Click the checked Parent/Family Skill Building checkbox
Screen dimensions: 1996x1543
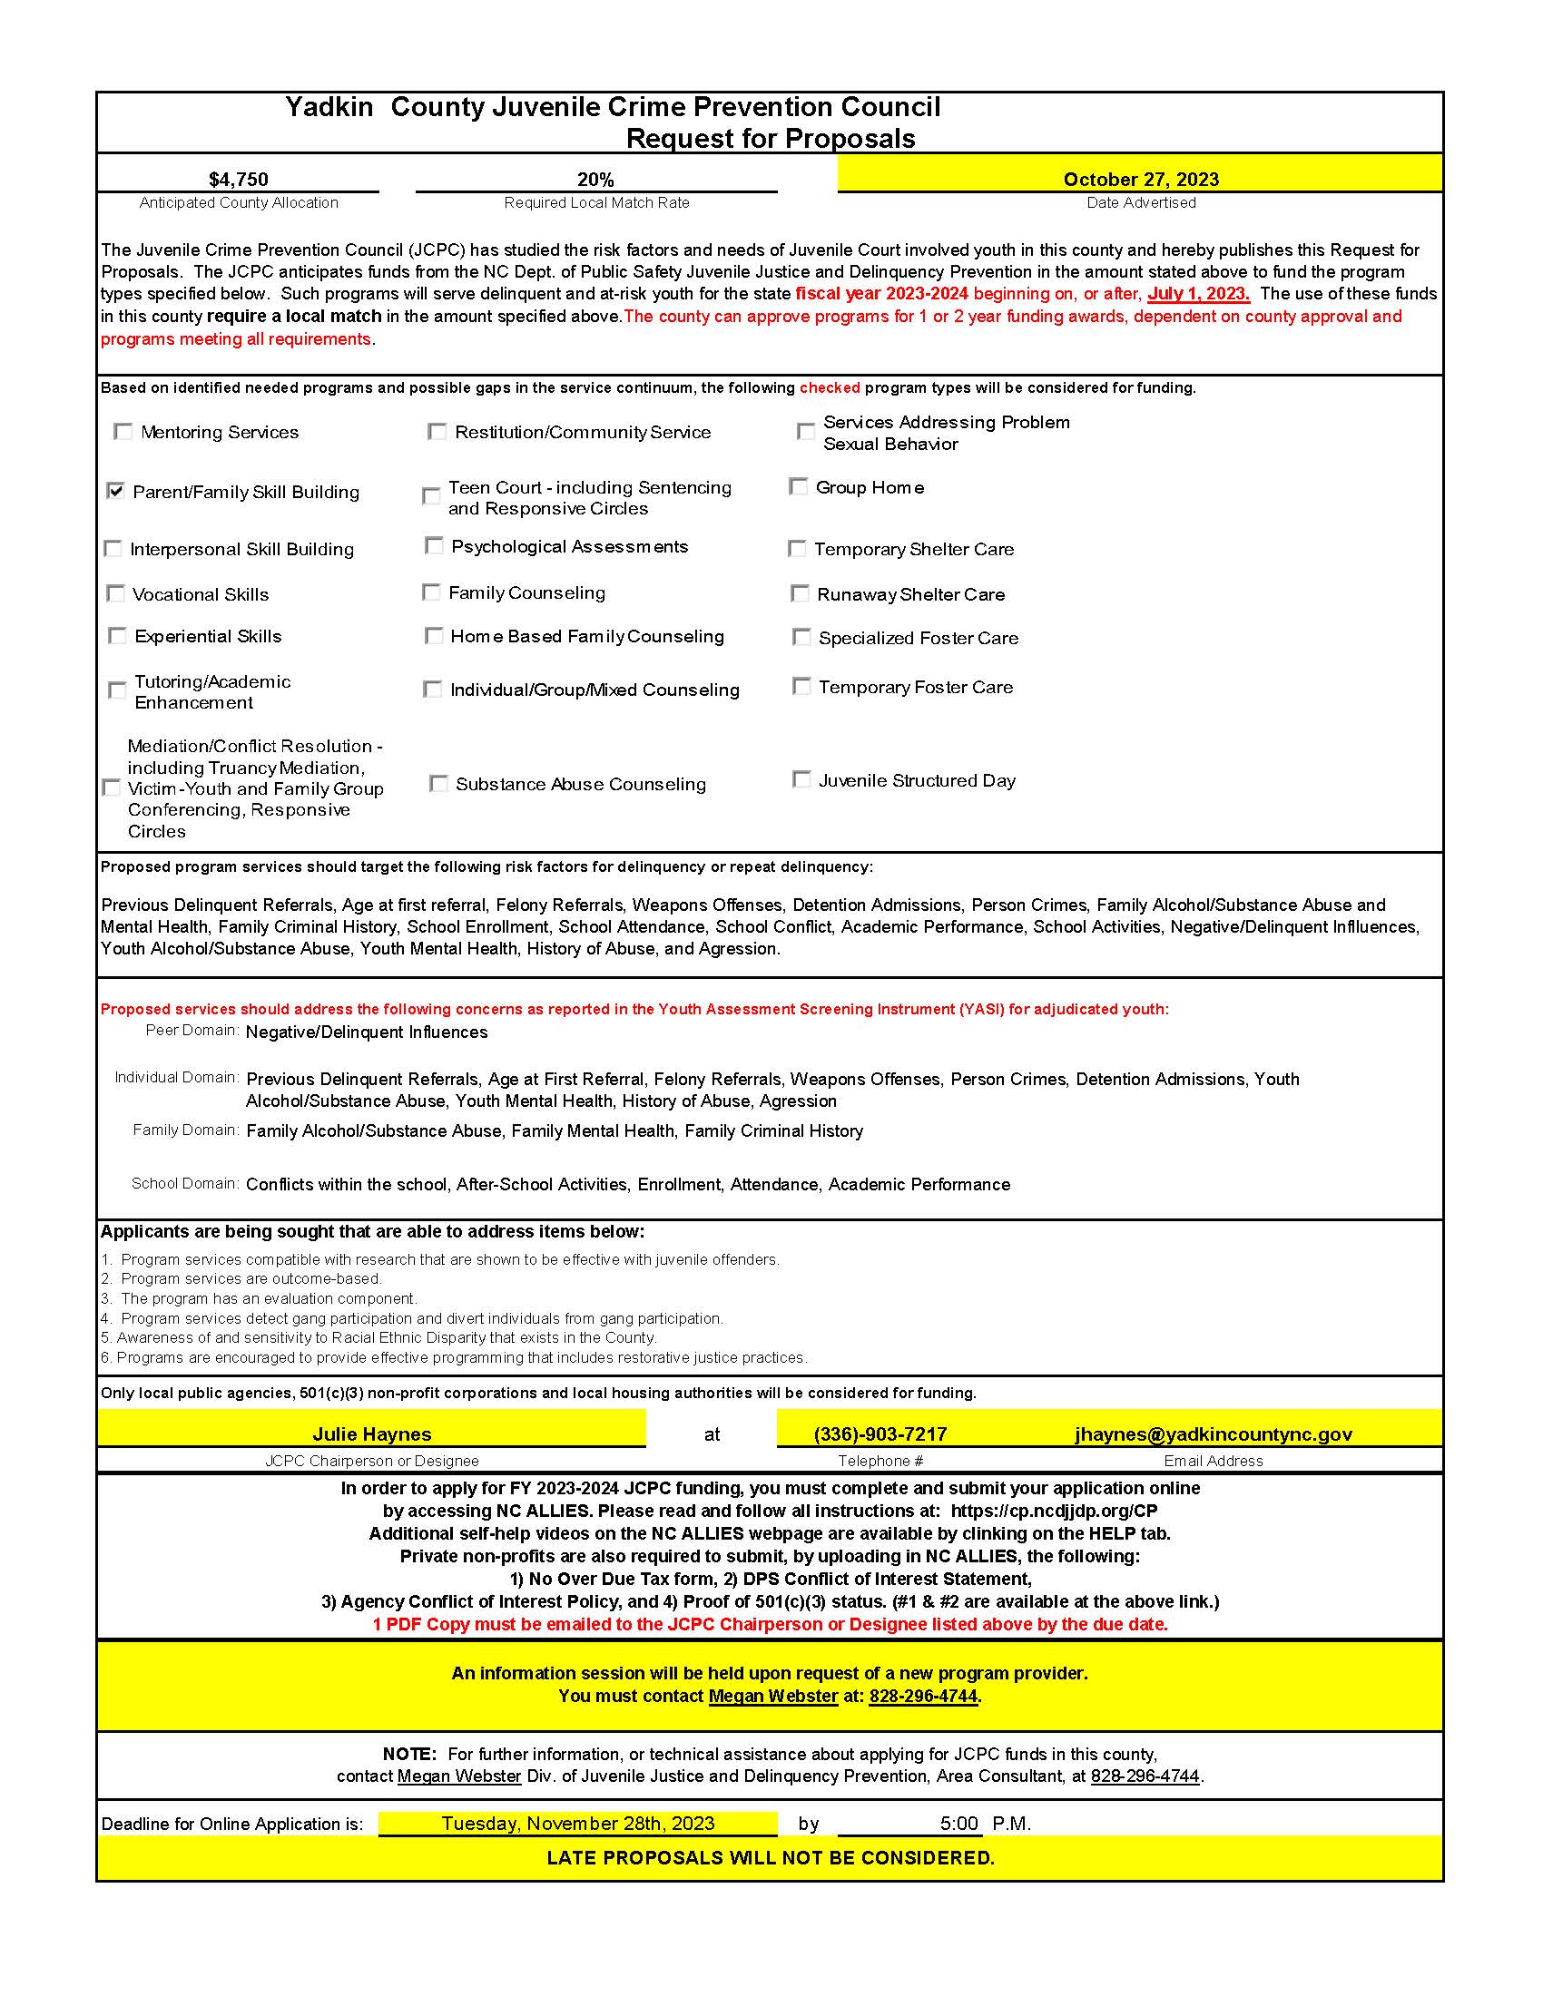click(x=116, y=491)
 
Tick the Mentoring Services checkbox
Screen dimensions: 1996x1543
click(x=123, y=431)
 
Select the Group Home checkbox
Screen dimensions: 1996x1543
click(x=798, y=486)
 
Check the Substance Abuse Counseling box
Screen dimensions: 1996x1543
click(x=438, y=783)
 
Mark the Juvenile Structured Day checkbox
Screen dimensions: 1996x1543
click(x=801, y=779)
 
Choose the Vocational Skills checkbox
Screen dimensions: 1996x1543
click(x=116, y=594)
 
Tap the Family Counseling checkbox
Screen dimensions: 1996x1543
click(x=431, y=592)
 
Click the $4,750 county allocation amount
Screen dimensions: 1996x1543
click(x=239, y=179)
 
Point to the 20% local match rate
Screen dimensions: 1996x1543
click(x=595, y=179)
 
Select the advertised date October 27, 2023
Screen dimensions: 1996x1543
click(x=1141, y=179)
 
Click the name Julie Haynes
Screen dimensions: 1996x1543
click(x=372, y=1433)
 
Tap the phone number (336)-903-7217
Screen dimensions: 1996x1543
click(x=880, y=1433)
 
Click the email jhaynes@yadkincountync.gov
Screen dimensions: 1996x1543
click(x=1213, y=1433)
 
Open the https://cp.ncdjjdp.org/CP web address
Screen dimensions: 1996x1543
click(x=1054, y=1511)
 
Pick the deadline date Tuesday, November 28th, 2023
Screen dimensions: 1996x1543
click(x=577, y=1824)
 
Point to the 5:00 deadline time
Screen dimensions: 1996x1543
click(x=958, y=1824)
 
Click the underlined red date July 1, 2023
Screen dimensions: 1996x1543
click(x=1198, y=293)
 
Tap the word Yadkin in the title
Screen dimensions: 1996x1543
click(x=329, y=107)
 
